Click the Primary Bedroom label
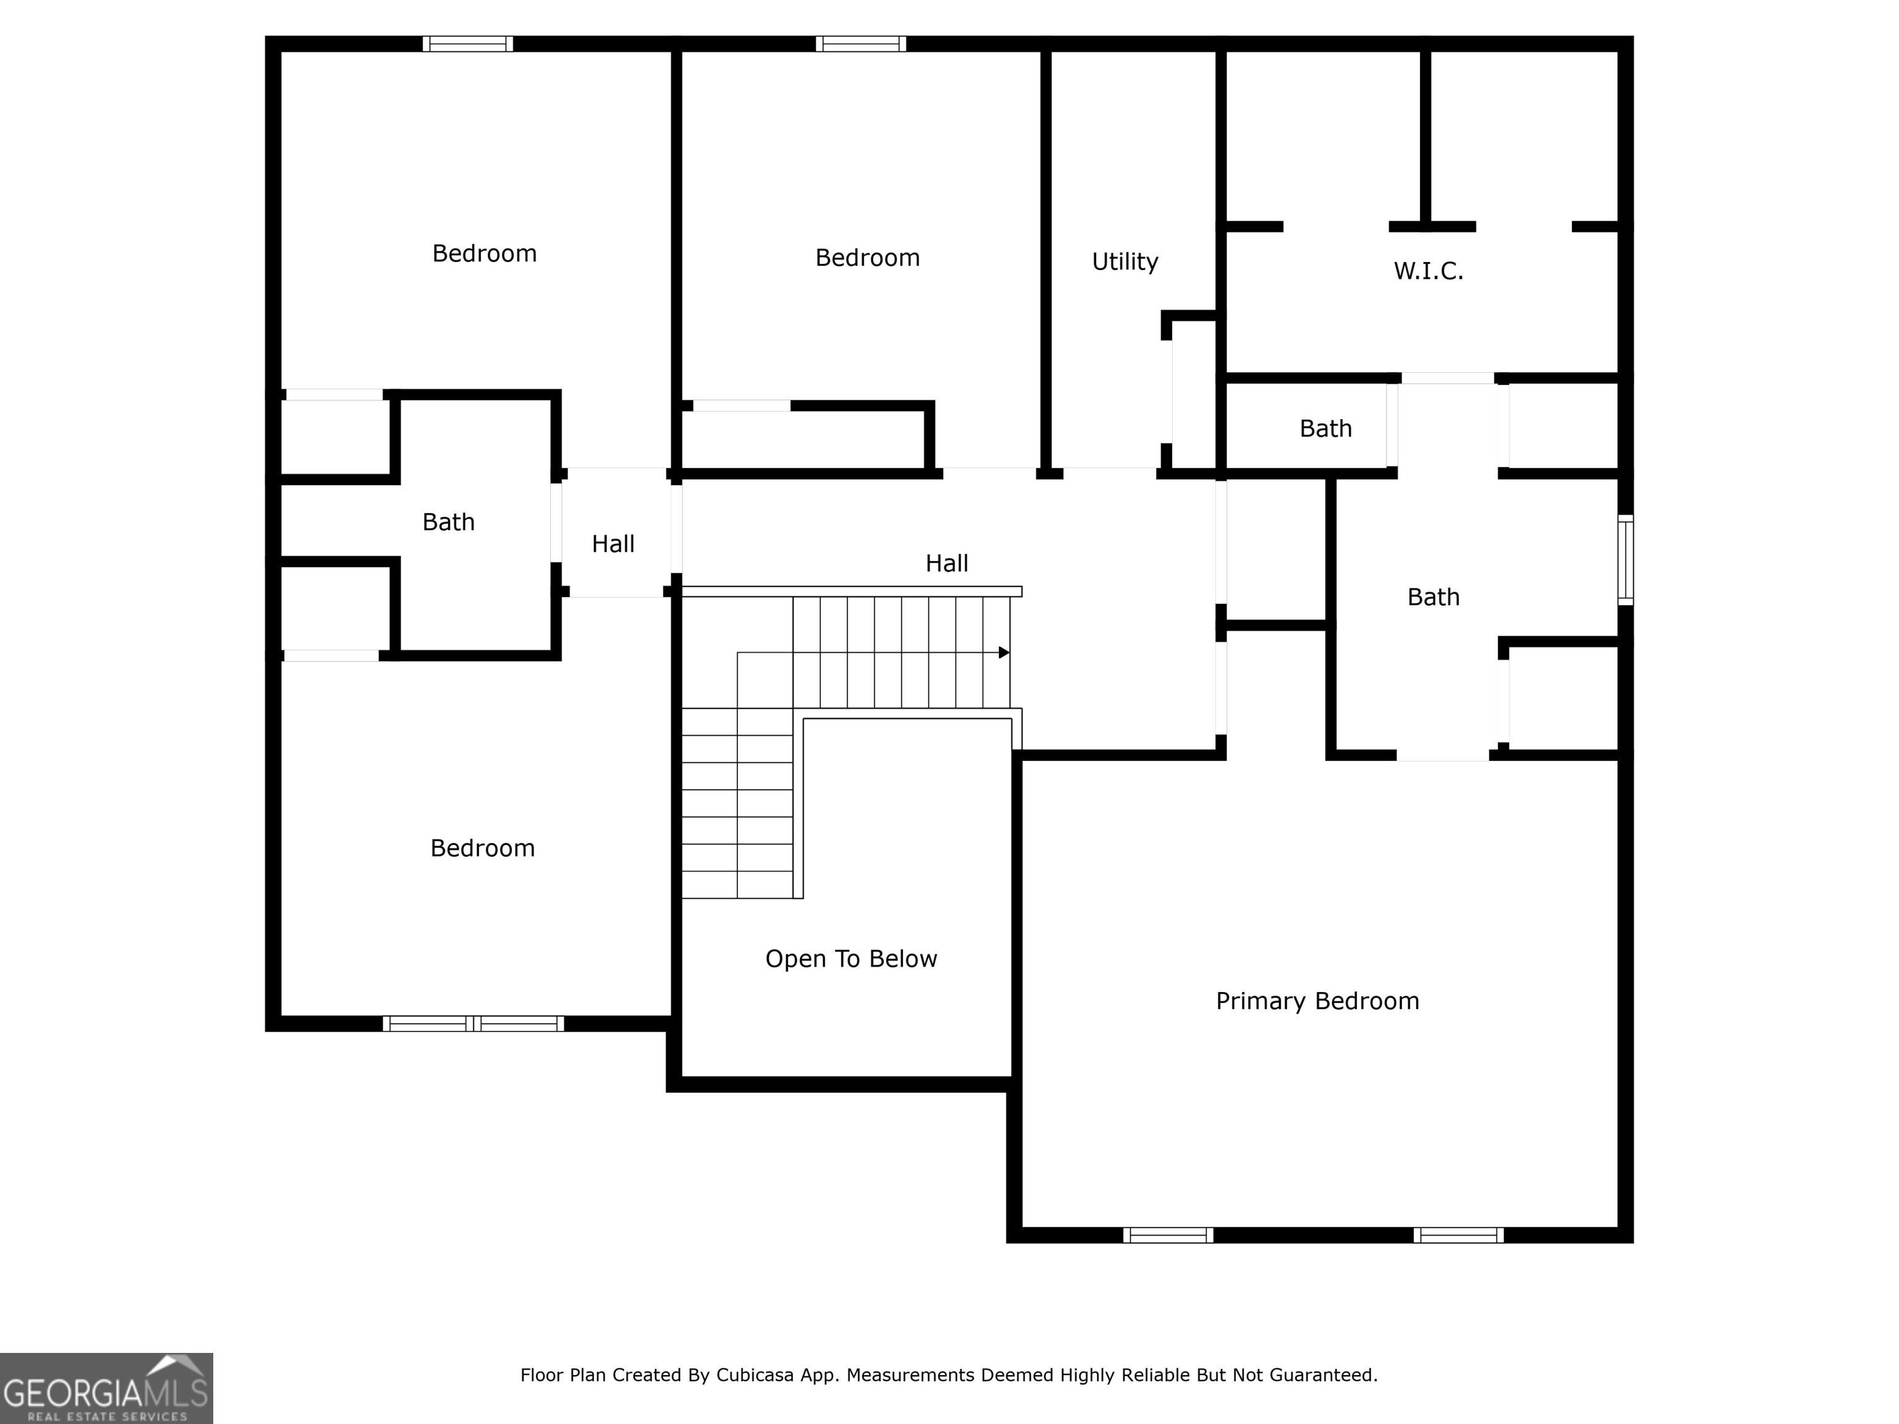1317,1001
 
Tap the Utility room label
1124,262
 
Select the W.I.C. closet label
1428,271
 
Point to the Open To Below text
851,959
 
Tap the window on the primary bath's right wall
1625,559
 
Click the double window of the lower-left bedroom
473,1023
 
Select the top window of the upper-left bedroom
468,44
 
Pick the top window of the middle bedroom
860,44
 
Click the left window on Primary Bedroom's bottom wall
1168,1235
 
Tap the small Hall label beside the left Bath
613,543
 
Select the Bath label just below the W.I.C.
1325,428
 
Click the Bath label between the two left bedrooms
448,522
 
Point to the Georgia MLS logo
106,1388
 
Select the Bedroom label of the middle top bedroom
867,258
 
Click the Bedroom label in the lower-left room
482,848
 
